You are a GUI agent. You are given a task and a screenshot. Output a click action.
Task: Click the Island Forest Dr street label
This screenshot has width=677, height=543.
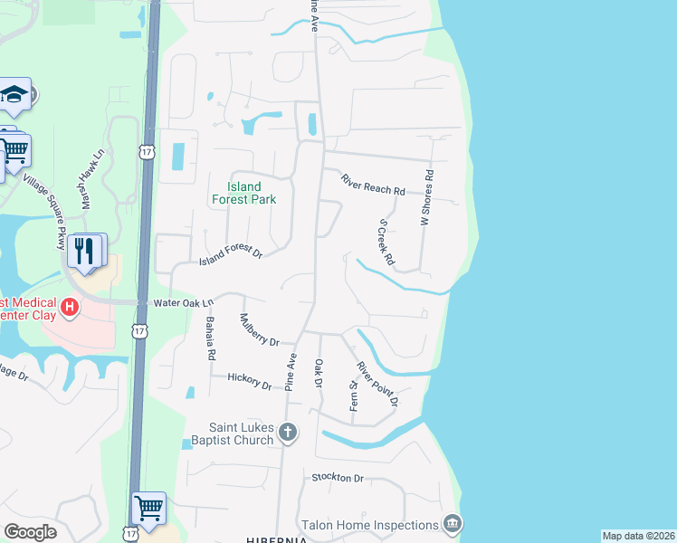[x=230, y=258]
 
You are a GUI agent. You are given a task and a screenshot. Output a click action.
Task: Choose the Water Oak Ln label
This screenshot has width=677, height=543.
[x=183, y=302]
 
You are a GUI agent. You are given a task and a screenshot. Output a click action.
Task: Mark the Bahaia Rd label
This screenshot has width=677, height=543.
[x=210, y=339]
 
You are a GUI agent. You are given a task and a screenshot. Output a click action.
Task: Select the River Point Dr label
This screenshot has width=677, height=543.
[x=377, y=384]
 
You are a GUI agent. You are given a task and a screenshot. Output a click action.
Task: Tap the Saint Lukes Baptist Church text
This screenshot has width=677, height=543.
[x=228, y=433]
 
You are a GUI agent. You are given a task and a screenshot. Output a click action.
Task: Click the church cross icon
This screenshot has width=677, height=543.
[x=288, y=433]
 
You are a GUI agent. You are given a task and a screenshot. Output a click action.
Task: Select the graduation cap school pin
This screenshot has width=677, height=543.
[x=14, y=93]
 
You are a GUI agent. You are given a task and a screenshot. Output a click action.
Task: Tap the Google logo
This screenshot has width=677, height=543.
[x=30, y=532]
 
